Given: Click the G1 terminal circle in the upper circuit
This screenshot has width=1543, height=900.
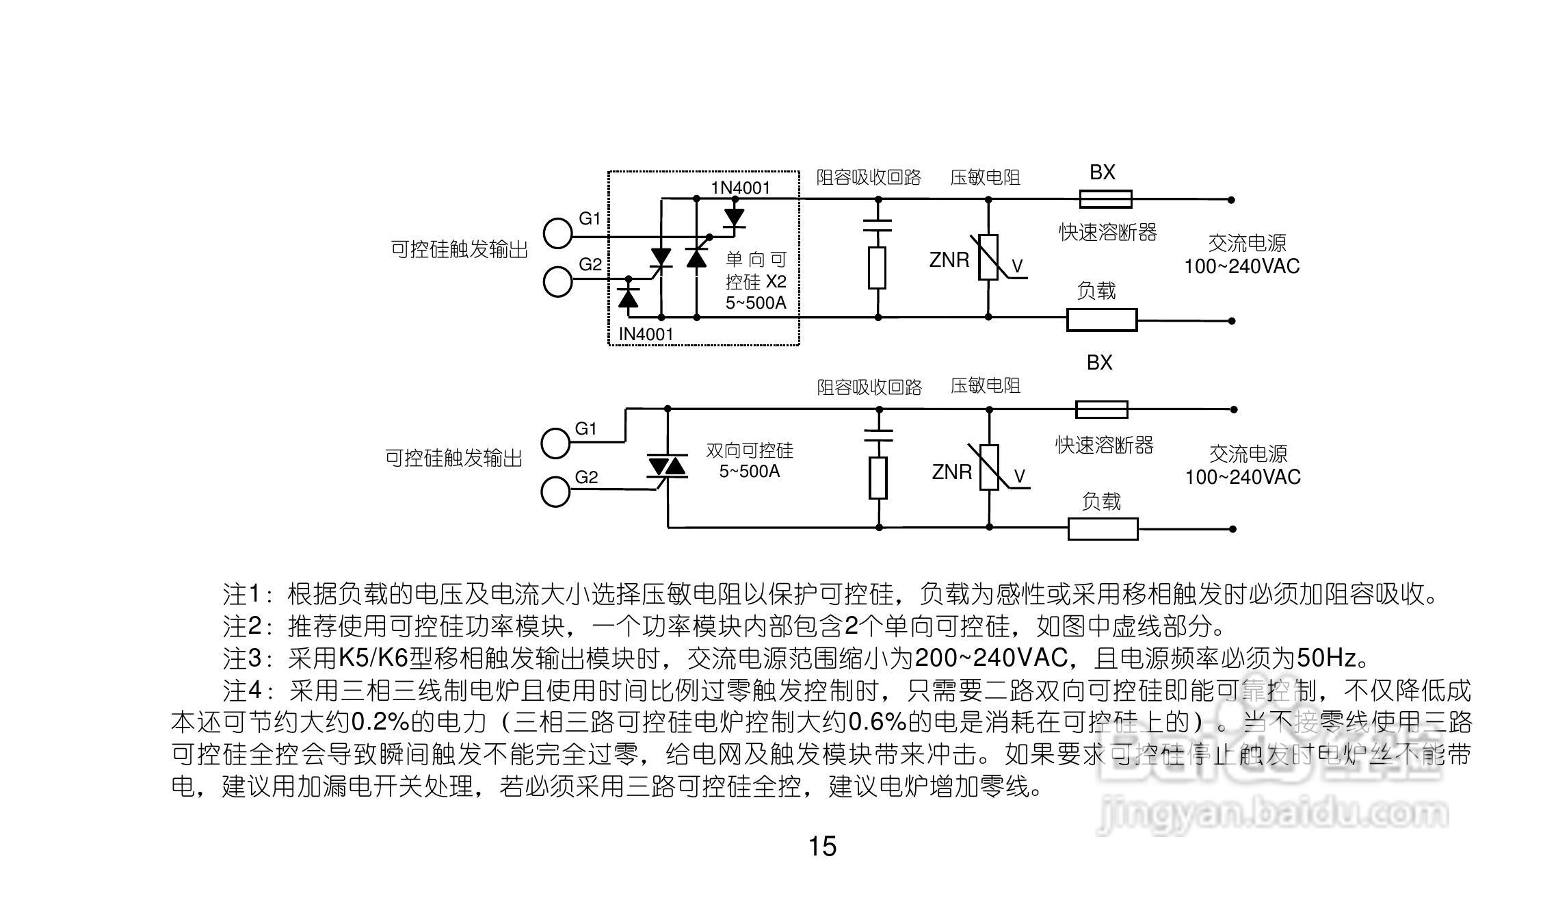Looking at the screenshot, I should coord(557,233).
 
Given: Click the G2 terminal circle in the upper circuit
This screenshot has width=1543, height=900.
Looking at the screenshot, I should coord(557,282).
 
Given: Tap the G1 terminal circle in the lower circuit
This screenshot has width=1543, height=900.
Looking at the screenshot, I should coord(555,443).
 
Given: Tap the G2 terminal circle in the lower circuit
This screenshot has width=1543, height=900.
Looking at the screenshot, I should coord(555,492).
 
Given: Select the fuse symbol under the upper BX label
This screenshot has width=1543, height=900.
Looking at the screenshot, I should coord(1105,199).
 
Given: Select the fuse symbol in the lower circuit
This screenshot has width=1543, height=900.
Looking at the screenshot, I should coord(1101,409).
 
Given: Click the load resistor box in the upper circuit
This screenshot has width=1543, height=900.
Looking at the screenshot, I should coord(1102,320).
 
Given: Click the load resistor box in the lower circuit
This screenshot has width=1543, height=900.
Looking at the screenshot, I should coord(1103,529).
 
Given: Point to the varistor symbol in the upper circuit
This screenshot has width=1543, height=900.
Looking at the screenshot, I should coord(988,257).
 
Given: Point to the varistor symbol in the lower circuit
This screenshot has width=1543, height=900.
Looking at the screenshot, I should coord(990,467).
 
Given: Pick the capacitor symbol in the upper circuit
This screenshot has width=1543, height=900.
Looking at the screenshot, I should coord(878,226).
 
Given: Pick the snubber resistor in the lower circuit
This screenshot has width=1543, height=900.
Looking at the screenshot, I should coord(878,478).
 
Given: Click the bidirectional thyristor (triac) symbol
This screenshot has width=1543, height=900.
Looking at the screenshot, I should coord(667,467).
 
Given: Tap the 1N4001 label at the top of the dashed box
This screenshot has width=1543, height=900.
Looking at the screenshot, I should coord(741,188).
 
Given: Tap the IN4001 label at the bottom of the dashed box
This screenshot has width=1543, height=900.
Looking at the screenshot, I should coord(646,334).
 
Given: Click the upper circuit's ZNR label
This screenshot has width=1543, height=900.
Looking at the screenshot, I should coord(949,260).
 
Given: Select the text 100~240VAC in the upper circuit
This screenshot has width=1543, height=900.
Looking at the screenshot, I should coord(1241,266).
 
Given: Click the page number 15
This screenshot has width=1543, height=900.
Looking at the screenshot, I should coord(822,847).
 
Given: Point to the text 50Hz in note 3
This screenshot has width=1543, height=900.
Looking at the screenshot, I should coord(1326,658).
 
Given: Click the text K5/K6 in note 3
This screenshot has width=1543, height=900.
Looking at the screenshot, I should coord(373,658).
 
